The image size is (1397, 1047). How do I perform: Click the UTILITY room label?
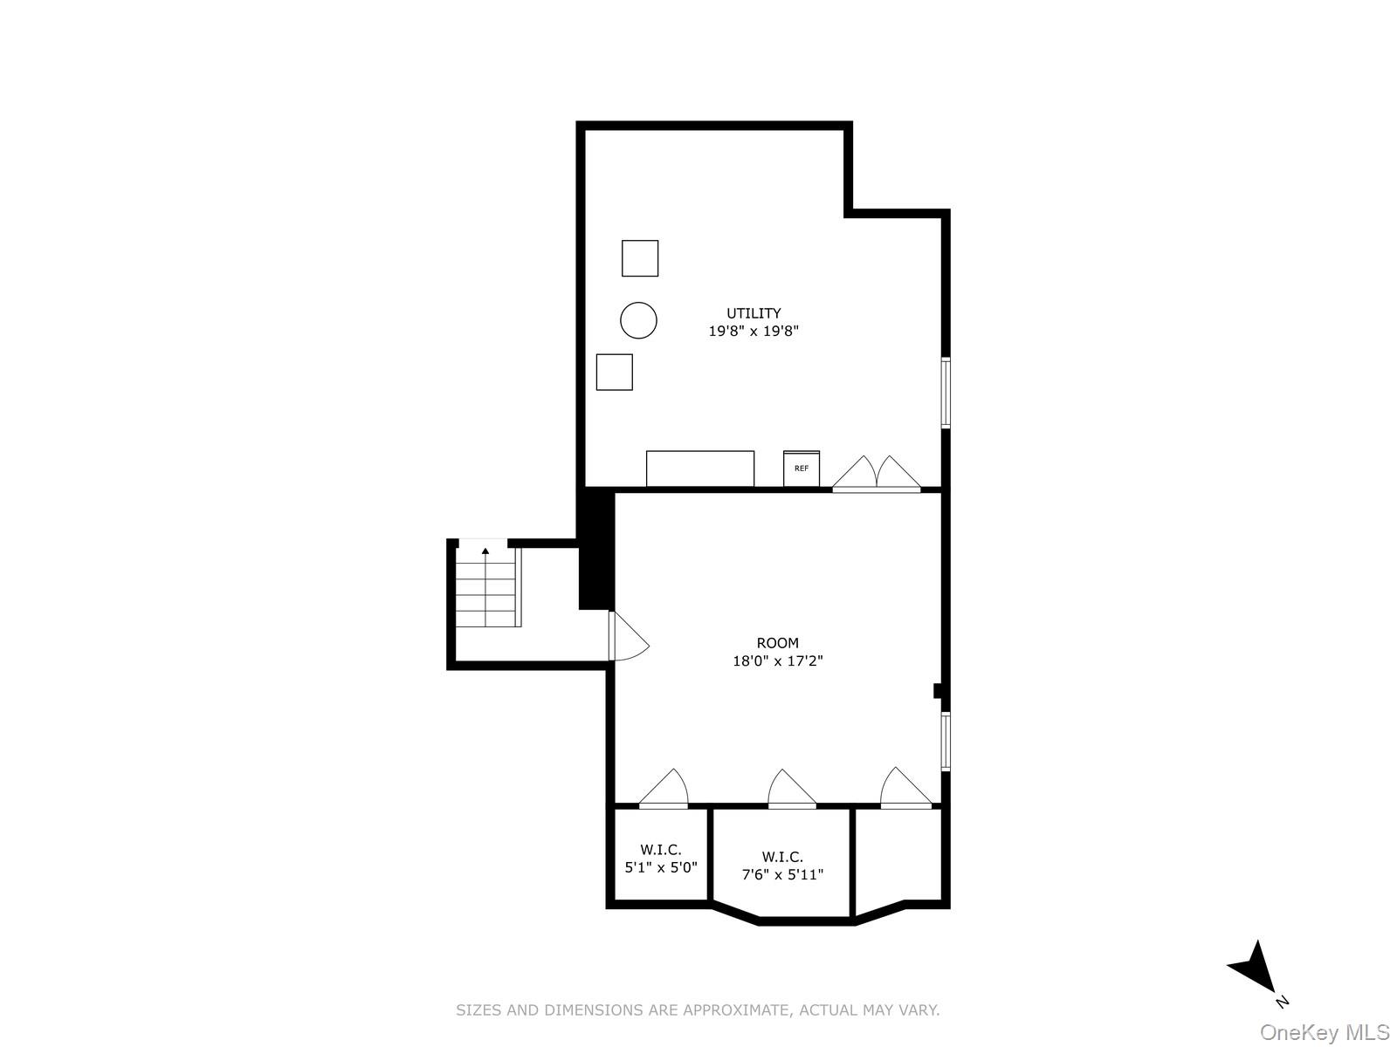(754, 313)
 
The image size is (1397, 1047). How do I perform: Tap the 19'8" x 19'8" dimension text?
(754, 332)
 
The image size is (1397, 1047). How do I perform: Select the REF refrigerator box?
(802, 469)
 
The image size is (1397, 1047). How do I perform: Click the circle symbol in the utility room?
(638, 320)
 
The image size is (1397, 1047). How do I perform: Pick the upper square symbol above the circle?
(640, 258)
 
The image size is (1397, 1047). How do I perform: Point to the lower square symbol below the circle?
(614, 372)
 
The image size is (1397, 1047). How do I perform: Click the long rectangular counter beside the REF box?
(699, 469)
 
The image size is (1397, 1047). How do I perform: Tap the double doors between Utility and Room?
(876, 476)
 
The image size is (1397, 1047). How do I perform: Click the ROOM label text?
(777, 643)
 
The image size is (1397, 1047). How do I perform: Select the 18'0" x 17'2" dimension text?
(777, 661)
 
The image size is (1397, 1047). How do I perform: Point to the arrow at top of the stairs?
(485, 551)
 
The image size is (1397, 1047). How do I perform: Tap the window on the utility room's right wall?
(946, 393)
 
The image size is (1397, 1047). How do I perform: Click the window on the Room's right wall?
(946, 742)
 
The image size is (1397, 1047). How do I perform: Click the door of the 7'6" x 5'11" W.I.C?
(791, 790)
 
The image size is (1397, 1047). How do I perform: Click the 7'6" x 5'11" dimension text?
(782, 874)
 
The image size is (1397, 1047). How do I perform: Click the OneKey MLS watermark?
(1324, 1033)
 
